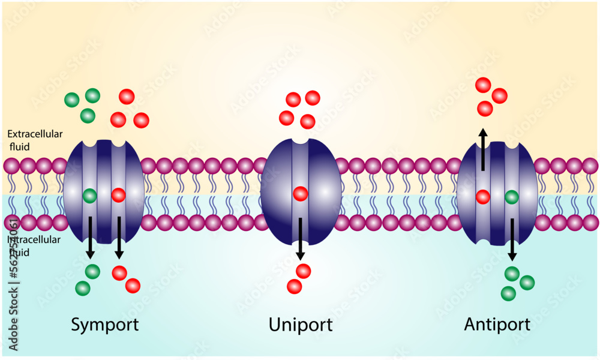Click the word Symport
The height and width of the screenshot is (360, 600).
[105, 325]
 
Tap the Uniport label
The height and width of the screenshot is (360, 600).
[300, 325]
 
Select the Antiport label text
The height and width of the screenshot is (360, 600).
[497, 325]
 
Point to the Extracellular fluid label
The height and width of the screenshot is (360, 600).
[35, 139]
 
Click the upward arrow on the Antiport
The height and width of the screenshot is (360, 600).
[483, 148]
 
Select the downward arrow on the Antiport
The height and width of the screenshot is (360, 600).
[512, 238]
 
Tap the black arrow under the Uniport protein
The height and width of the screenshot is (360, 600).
[300, 238]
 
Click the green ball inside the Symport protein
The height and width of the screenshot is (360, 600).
[90, 195]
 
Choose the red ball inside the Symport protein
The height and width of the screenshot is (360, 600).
[118, 195]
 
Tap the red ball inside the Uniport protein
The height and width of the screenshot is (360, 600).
[300, 194]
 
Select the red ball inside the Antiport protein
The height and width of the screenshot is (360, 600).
[483, 196]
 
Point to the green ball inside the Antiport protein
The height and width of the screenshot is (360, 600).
[512, 196]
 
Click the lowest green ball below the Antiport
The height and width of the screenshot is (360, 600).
[508, 293]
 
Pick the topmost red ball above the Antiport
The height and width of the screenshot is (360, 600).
[484, 85]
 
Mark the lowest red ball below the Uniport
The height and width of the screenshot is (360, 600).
[294, 286]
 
